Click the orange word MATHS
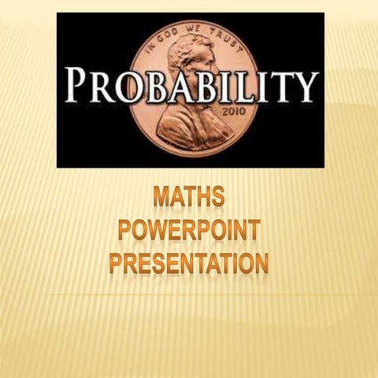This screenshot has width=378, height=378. (188, 195)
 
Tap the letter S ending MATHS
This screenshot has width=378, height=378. (217, 195)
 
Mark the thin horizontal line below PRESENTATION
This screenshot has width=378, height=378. (189, 295)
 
